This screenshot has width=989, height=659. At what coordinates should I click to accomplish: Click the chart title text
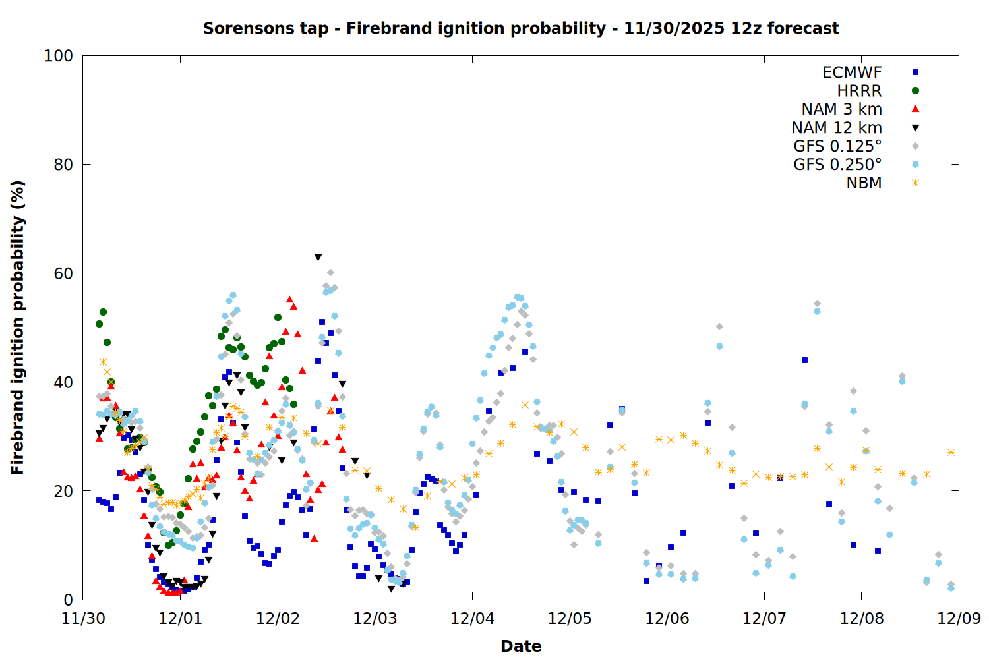pos(521,28)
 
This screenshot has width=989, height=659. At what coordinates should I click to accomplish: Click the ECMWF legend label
pos(852,72)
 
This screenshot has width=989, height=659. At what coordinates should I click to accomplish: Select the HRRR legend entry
pos(859,91)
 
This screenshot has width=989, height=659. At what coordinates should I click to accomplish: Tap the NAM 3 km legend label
pos(841,109)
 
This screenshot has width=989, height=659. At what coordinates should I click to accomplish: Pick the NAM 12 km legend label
pos(837,128)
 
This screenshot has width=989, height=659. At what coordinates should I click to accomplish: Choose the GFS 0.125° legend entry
pos(837,146)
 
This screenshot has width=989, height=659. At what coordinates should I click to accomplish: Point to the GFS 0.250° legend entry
pos(837,165)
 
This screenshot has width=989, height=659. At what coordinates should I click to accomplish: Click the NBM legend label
pos(864,183)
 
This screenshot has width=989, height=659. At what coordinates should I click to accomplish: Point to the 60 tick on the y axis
pos(63,273)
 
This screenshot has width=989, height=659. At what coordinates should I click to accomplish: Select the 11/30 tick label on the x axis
pos(83,619)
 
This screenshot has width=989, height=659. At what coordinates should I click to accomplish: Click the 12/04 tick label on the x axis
pos(472,619)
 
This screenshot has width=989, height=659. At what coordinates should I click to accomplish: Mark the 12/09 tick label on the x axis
pos(959,619)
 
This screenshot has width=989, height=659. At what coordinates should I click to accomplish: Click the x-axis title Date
pos(521,646)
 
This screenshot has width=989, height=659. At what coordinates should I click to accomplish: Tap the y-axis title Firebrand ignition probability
pos(18,328)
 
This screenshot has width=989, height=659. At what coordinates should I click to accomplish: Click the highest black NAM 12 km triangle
pos(318,258)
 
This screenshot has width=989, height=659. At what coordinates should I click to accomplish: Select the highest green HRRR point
pos(103,312)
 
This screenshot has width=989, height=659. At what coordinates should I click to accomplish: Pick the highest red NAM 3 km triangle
pos(289,299)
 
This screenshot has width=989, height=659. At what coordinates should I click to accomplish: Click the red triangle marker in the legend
pos(915,109)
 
